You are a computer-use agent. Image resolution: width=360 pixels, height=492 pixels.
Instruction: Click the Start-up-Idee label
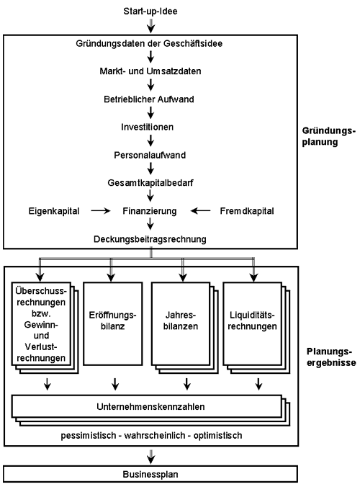[150, 12]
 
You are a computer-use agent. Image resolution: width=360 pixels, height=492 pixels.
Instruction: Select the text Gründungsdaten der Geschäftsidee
[149, 43]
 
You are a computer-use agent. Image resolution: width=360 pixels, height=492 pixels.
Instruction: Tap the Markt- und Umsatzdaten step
[150, 71]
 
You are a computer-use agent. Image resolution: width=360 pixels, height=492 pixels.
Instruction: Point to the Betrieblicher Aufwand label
[149, 99]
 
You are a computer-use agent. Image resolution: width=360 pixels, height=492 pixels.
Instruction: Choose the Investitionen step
[148, 127]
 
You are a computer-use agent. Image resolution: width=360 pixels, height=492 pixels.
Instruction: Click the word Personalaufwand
[150, 156]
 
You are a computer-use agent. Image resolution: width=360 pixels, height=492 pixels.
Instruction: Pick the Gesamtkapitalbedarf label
[150, 183]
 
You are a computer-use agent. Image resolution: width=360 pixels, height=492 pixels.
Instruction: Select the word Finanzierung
[150, 211]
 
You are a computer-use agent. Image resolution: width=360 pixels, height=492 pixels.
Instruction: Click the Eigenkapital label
[54, 211]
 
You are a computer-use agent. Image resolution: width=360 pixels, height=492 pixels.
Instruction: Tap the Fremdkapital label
[247, 211]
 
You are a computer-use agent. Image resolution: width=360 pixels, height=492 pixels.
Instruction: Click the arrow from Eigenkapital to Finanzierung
[101, 211]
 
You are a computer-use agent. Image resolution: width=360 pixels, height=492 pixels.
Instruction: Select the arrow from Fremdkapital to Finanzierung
[200, 211]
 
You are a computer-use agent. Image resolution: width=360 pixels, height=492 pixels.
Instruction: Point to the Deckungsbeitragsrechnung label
[150, 239]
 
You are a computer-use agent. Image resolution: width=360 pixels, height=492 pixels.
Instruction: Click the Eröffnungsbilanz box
[113, 323]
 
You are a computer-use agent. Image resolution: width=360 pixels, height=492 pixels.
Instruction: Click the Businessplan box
[150, 474]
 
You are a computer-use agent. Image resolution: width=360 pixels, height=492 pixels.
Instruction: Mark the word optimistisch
[217, 436]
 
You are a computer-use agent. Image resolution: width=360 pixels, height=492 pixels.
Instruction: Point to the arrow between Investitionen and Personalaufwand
[150, 140]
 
